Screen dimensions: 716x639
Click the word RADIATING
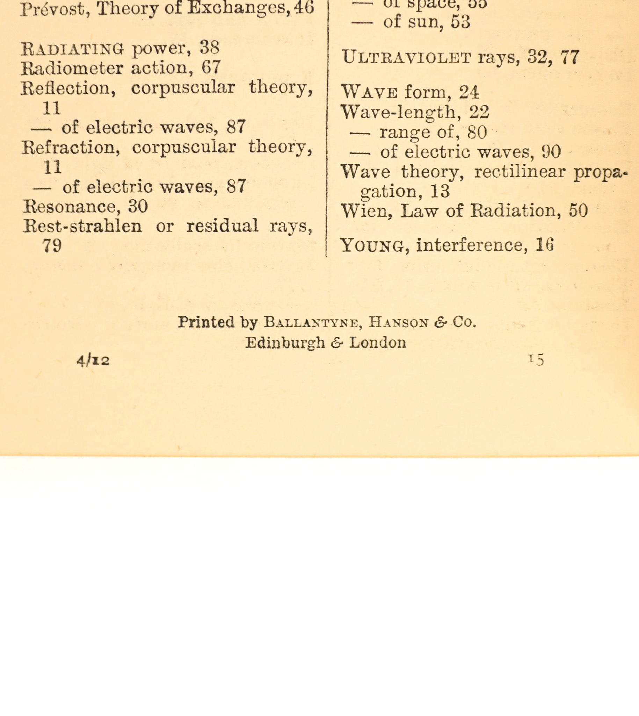pyautogui.click(x=72, y=49)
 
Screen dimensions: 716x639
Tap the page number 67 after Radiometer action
pyautogui.click(x=211, y=67)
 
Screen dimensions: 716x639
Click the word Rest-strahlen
pyautogui.click(x=82, y=226)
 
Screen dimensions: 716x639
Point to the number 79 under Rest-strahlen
pyautogui.click(x=52, y=245)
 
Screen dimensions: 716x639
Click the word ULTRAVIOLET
pyautogui.click(x=406, y=57)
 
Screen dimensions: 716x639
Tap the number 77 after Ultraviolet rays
pyautogui.click(x=569, y=57)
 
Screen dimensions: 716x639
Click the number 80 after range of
pyautogui.click(x=477, y=132)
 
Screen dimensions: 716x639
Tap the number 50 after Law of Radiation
pyautogui.click(x=578, y=210)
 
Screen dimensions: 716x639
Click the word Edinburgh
pyautogui.click(x=285, y=343)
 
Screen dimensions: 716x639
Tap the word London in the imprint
pyautogui.click(x=377, y=343)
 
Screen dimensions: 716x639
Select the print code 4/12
pyautogui.click(x=93, y=360)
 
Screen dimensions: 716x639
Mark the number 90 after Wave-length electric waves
pyautogui.click(x=551, y=152)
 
